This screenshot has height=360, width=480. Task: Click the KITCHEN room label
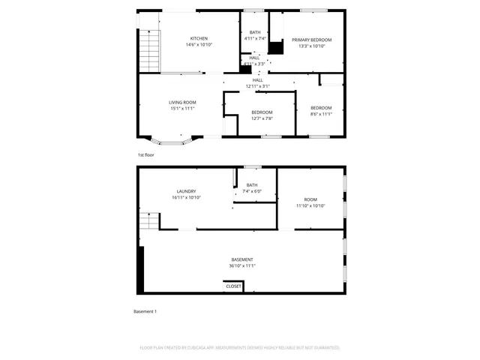pos(199,38)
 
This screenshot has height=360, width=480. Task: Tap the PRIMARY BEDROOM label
pos(311,39)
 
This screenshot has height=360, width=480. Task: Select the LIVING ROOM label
pos(182,102)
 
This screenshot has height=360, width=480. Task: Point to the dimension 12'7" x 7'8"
pos(262,118)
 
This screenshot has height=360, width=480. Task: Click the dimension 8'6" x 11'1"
pos(321,114)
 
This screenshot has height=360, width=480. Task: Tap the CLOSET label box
pos(233,286)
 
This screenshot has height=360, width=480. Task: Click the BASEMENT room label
pos(242,259)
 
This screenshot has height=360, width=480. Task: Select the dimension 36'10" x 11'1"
pos(242,265)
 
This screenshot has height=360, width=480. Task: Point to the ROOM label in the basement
pos(310,199)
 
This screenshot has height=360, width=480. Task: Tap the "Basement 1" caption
pos(145,311)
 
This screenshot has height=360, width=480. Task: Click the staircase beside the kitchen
pos(149,48)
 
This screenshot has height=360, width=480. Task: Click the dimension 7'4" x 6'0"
pos(252,191)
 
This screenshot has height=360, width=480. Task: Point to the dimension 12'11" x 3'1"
pos(258,86)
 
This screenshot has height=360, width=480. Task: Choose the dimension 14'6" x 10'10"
pos(199,45)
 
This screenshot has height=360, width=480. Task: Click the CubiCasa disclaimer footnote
pos(240,348)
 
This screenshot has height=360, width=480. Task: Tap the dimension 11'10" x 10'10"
pos(310,205)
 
